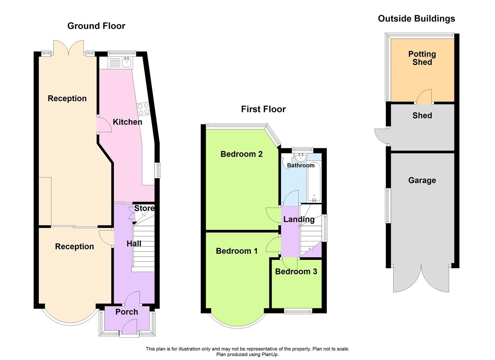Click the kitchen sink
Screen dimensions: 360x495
pos(126,62)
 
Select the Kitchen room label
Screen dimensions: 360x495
pos(127,122)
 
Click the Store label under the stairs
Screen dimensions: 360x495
pos(144,208)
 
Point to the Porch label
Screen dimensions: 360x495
pos(127,312)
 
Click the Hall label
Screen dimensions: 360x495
pos(134,244)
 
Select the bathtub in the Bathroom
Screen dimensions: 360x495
pos(314,182)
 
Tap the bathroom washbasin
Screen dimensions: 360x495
pos(301,156)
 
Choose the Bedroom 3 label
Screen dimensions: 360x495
pos(296,272)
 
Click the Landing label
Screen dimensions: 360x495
pos(299,219)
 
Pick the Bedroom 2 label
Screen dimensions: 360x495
pos(241,154)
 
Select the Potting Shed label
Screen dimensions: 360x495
pos(422,58)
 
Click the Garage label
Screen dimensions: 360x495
pos(422,180)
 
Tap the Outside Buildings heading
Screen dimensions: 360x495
pos(416,19)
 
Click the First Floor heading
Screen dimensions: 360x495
pos(263,109)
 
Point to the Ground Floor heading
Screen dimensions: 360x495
pos(96,26)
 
